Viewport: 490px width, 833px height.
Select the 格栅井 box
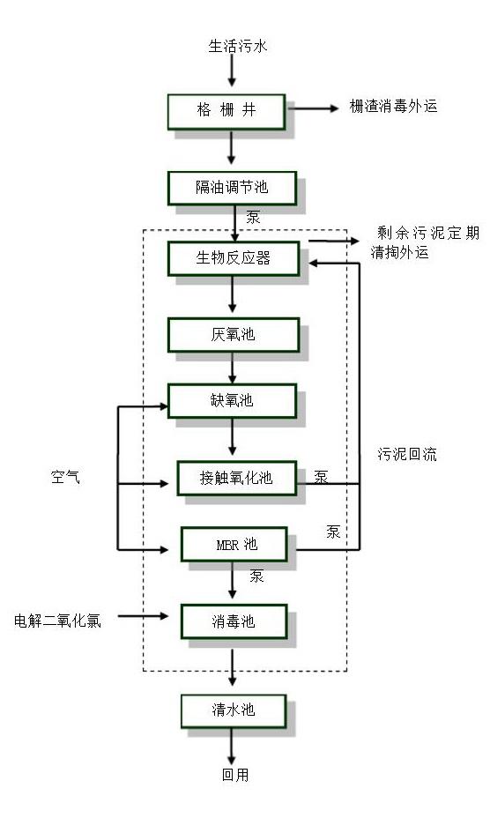click(x=226, y=110)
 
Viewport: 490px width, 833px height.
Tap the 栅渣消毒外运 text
click(x=393, y=107)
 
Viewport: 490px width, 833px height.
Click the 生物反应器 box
click(x=233, y=258)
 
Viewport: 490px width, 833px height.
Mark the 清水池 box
click(x=233, y=710)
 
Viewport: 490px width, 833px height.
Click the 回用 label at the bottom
click(x=234, y=775)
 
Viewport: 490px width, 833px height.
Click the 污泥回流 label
click(x=407, y=455)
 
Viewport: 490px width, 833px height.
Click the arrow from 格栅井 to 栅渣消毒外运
click(x=315, y=108)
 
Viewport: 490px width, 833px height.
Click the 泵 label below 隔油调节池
click(x=253, y=217)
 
